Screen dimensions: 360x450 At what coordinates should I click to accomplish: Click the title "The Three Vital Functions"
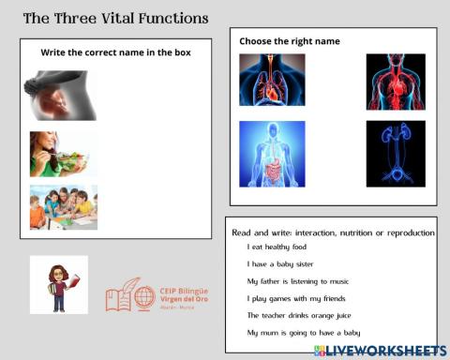115,19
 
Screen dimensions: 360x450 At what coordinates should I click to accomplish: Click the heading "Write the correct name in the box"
115,52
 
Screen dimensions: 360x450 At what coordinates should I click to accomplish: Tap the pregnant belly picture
60,96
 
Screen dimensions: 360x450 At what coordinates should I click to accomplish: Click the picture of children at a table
63,207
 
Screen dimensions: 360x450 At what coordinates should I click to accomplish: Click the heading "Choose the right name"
289,41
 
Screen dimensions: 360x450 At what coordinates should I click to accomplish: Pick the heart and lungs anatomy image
271,81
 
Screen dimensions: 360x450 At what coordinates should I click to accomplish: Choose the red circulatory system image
396,82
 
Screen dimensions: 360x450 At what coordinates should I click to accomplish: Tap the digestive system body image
271,153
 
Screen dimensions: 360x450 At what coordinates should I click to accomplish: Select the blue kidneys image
396,153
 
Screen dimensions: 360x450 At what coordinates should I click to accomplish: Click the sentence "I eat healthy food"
277,247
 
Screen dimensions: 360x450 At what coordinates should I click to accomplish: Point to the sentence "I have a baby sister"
280,263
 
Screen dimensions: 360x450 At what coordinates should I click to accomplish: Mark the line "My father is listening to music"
297,280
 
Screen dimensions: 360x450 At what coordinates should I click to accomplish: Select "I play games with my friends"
295,298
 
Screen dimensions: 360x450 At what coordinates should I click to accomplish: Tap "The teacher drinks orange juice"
300,315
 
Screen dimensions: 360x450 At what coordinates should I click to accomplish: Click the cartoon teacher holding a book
59,284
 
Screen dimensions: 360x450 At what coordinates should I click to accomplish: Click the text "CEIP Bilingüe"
183,292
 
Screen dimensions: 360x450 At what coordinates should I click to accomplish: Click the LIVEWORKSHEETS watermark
380,350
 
